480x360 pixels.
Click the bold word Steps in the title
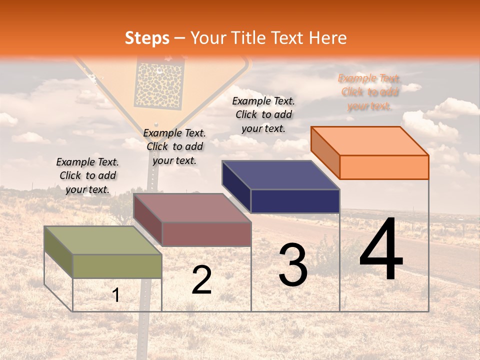[x=147, y=38]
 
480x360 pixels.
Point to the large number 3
[x=293, y=265]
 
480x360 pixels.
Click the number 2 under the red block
[x=202, y=280]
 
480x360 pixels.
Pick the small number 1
[x=116, y=295]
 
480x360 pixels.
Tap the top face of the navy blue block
[x=280, y=175]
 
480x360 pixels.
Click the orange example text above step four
[x=369, y=92]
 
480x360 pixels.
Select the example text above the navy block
[x=263, y=114]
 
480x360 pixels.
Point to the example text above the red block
[x=174, y=146]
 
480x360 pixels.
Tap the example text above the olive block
[x=87, y=175]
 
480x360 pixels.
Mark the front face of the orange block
[x=384, y=167]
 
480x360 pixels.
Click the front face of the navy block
[x=295, y=201]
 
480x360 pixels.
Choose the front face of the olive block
[x=117, y=266]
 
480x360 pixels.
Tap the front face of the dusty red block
[x=206, y=234]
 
